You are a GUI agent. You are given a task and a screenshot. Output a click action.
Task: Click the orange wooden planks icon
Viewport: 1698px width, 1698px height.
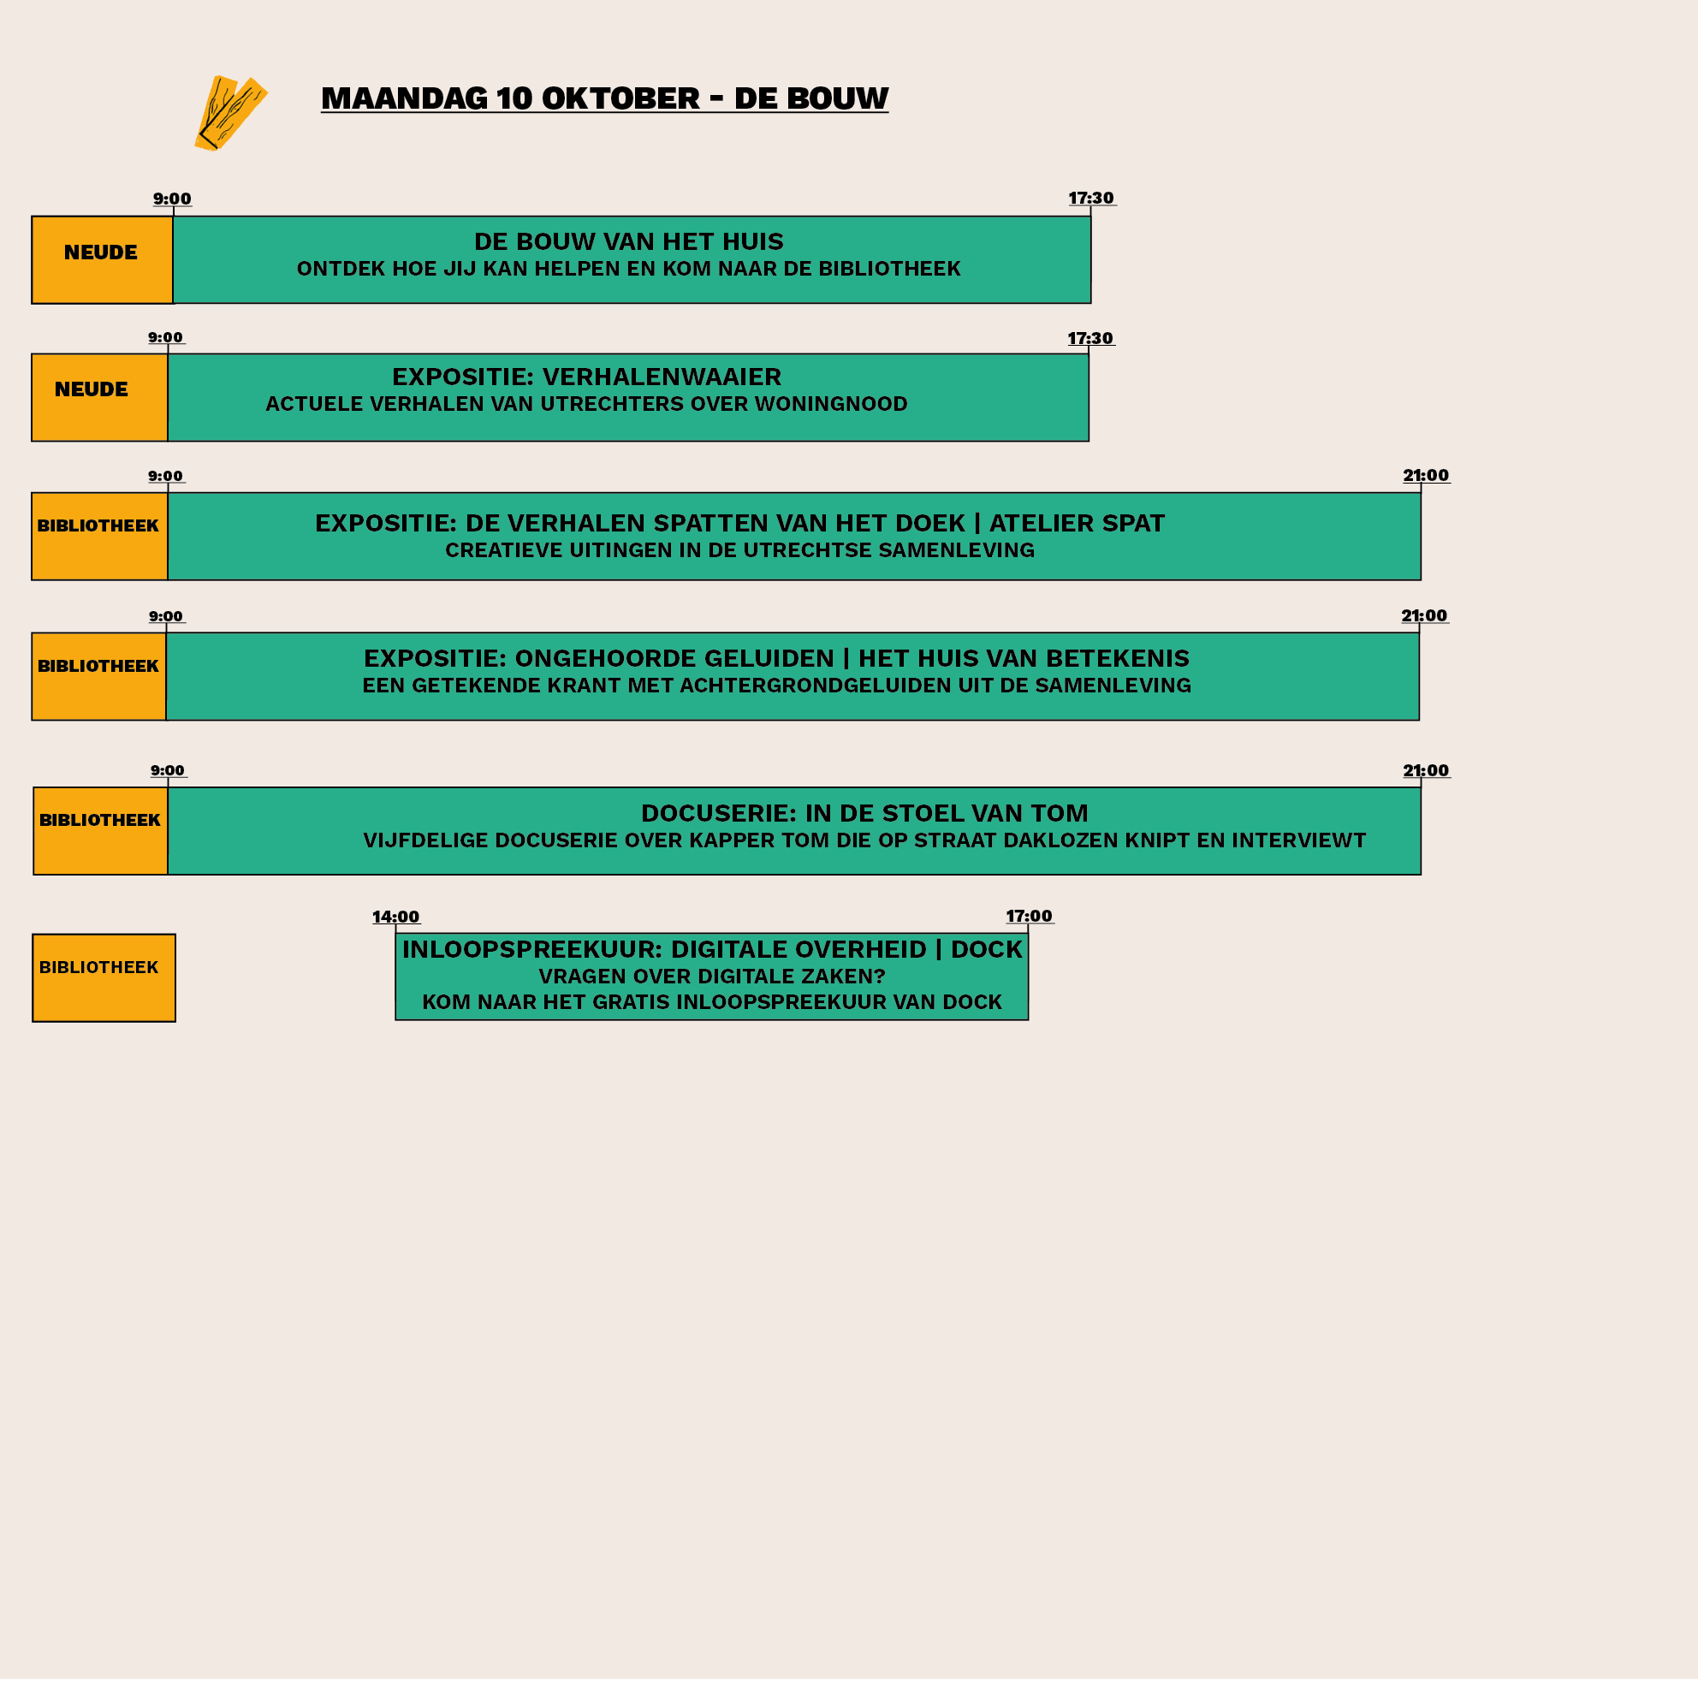[x=230, y=113]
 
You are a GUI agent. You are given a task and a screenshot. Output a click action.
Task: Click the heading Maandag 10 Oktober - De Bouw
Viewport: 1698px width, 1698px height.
[x=605, y=98]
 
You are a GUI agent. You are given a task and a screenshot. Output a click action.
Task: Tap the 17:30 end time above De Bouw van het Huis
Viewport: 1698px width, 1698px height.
[x=1090, y=199]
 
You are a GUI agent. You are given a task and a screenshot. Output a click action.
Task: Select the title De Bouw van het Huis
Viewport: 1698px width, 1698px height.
[x=628, y=241]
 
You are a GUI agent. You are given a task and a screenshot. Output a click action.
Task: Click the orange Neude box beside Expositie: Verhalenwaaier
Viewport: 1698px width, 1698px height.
[x=99, y=397]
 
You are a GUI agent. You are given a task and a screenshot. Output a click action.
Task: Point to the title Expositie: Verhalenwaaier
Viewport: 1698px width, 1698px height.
[x=586, y=377]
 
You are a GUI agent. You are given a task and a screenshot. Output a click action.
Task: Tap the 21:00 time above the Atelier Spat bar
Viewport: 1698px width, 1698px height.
[x=1426, y=476]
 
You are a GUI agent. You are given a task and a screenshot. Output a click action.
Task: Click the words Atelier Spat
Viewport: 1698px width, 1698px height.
[x=1077, y=524]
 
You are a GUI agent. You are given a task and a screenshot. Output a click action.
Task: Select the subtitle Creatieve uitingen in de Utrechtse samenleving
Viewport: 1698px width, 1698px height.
[x=739, y=550]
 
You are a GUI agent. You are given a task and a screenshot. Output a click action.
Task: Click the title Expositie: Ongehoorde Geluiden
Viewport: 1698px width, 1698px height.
[x=598, y=658]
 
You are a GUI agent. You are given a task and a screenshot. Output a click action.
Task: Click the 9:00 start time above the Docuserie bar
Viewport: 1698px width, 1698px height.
[x=167, y=771]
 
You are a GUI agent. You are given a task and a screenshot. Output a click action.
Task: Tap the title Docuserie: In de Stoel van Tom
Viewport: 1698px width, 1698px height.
[x=864, y=813]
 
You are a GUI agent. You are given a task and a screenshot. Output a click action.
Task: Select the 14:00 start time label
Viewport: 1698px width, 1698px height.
[x=395, y=917]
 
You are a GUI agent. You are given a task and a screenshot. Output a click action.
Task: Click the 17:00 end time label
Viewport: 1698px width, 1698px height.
[x=1030, y=916]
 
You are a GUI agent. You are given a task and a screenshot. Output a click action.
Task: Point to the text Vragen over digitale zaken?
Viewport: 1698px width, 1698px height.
[x=712, y=977]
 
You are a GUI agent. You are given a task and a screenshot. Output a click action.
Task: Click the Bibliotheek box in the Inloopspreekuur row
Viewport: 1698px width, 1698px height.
[x=104, y=977]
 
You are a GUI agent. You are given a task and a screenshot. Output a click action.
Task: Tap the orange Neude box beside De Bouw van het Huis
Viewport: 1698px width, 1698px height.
[x=102, y=260]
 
